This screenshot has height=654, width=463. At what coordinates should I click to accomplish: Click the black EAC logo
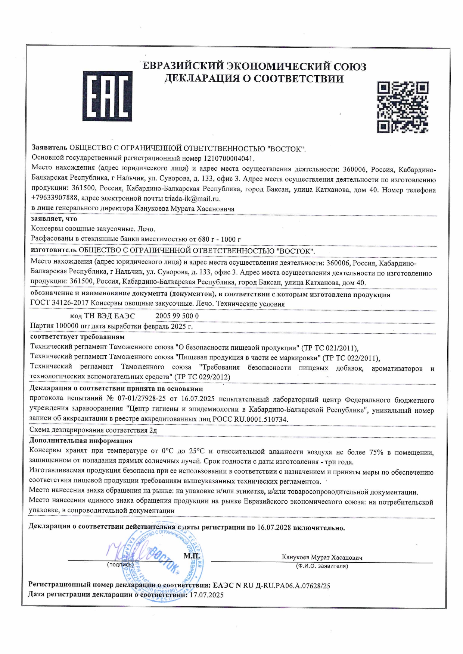pyautogui.click(x=107, y=96)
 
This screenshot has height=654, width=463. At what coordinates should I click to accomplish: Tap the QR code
pyautogui.click(x=403, y=107)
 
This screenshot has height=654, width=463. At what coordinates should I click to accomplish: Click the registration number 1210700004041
pyautogui.click(x=229, y=158)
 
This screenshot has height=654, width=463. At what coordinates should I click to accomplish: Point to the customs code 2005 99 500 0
pyautogui.click(x=177, y=316)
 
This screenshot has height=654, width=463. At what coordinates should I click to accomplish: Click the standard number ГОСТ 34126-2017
pyautogui.click(x=59, y=304)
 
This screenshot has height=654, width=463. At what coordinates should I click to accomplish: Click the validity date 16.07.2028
pyautogui.click(x=274, y=528)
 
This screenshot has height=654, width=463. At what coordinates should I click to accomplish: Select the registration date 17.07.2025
pyautogui.click(x=207, y=595)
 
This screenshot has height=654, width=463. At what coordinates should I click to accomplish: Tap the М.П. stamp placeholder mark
pyautogui.click(x=192, y=556)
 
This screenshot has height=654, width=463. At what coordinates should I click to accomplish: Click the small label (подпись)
pyautogui.click(x=120, y=565)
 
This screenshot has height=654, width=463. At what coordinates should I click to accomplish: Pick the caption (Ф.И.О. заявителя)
pyautogui.click(x=321, y=566)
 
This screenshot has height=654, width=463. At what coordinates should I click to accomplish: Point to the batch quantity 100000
pyautogui.click(x=67, y=326)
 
